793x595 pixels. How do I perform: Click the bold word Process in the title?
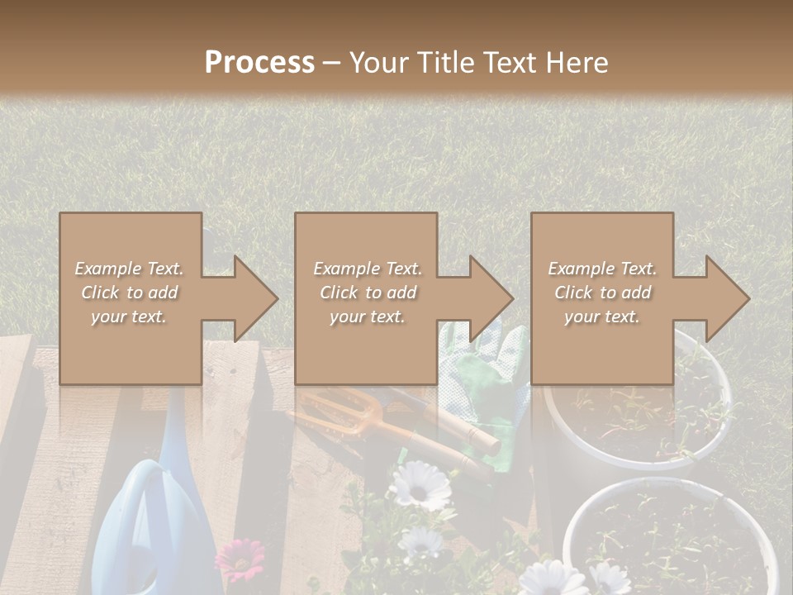(x=259, y=63)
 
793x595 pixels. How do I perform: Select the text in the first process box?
(x=130, y=293)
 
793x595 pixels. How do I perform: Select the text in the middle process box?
(x=367, y=293)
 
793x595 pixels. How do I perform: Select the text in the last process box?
(x=602, y=293)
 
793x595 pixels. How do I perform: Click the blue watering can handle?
(x=136, y=504)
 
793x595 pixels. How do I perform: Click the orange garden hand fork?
(x=347, y=417)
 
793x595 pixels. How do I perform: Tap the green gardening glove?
(x=487, y=388)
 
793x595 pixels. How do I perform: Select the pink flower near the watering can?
(x=240, y=558)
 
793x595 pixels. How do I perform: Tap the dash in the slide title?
(x=332, y=63)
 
